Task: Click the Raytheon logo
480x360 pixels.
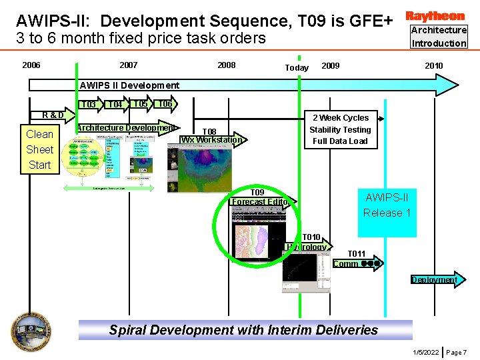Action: click(x=435, y=15)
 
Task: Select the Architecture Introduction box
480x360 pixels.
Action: click(x=438, y=37)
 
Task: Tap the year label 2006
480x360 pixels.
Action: click(x=31, y=65)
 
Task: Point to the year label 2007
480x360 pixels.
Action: click(x=128, y=65)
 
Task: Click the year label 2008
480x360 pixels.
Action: click(x=227, y=65)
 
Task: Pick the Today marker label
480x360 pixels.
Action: click(x=297, y=68)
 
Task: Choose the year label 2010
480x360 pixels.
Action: click(x=434, y=65)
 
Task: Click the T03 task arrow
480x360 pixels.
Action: click(x=89, y=105)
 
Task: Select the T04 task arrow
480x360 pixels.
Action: click(x=116, y=105)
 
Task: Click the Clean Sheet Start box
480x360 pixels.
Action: click(x=39, y=149)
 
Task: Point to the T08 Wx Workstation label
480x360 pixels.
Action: click(x=211, y=136)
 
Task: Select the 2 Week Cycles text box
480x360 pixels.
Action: click(x=340, y=129)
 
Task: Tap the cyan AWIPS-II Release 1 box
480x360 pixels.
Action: click(x=387, y=205)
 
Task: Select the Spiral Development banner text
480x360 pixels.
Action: click(x=243, y=330)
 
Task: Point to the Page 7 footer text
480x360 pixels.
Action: click(x=457, y=351)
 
